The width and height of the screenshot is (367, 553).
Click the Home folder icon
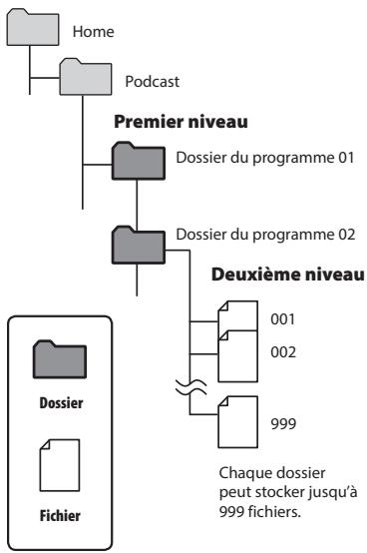(27, 29)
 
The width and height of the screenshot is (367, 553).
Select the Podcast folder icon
(83, 79)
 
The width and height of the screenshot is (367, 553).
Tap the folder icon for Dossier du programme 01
(137, 159)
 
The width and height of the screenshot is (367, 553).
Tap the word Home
(86, 32)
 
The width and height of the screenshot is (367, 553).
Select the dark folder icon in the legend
(60, 356)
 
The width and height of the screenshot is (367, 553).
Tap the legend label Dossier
(60, 404)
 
